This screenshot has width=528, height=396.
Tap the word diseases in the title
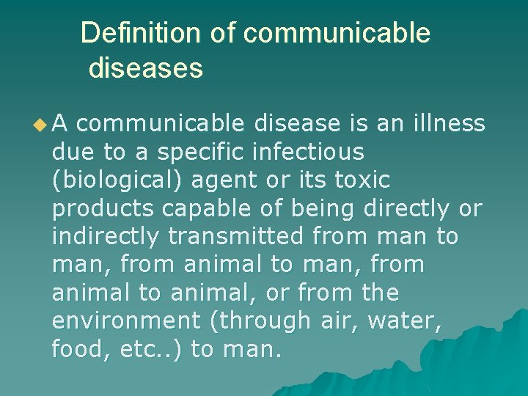click(145, 68)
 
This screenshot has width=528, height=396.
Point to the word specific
click(202, 153)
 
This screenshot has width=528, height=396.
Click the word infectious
click(307, 153)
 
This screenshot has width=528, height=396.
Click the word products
click(103, 209)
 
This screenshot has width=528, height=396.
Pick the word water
click(411, 321)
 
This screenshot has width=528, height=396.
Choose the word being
click(323, 209)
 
